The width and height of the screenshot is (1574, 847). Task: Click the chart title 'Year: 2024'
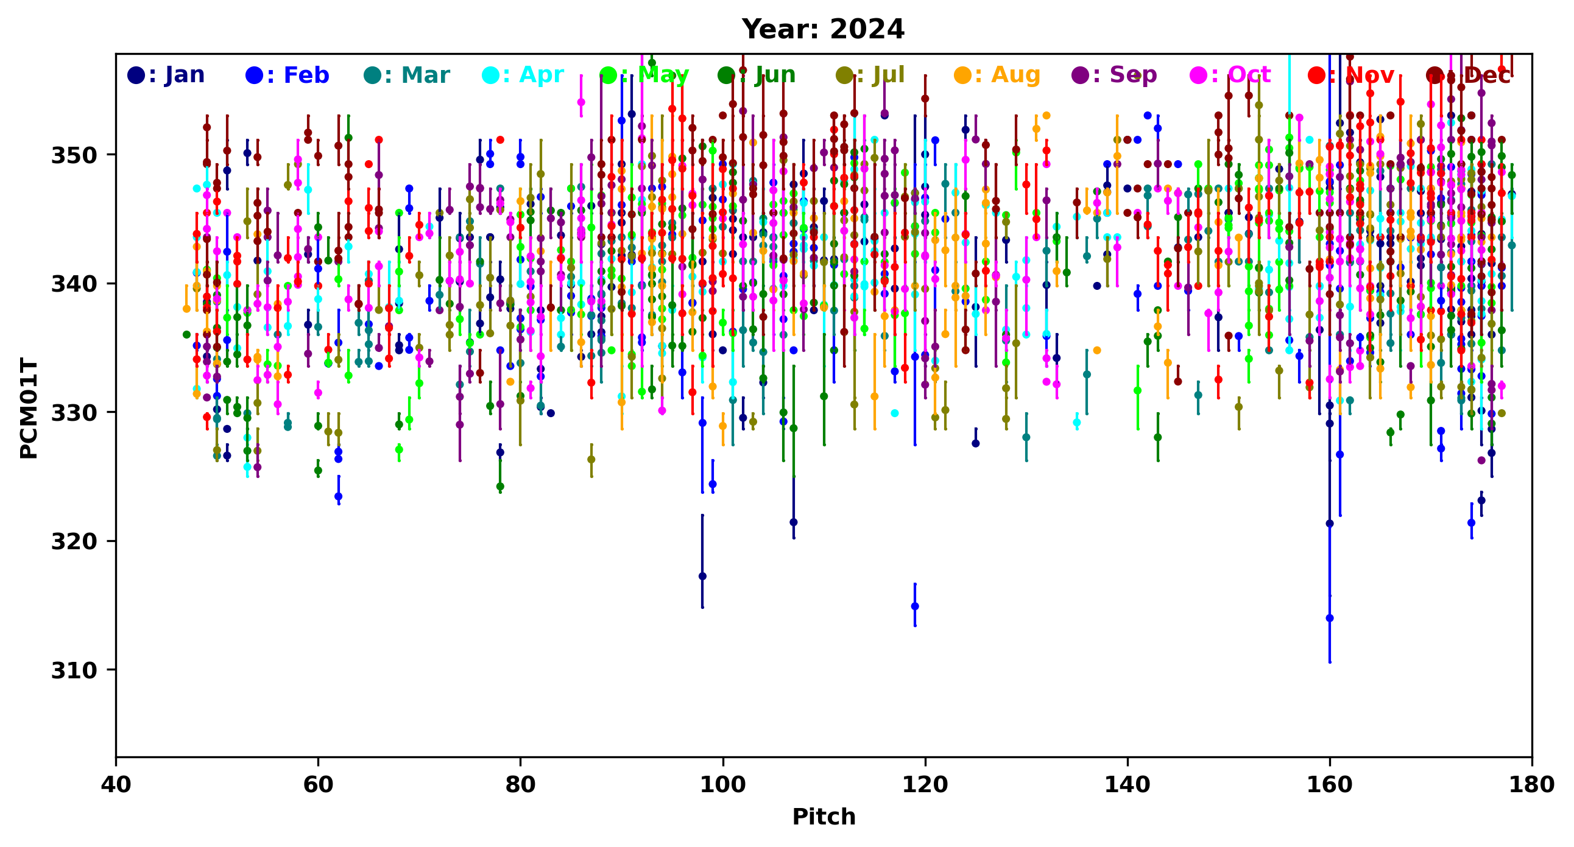(x=823, y=29)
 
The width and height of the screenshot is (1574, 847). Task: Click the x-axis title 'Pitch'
(x=824, y=817)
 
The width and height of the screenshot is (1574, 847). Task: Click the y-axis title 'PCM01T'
(x=29, y=408)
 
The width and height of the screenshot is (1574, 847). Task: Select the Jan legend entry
(x=166, y=75)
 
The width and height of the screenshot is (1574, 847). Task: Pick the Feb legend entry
(x=287, y=75)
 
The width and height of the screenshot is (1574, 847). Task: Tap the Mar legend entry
(x=406, y=75)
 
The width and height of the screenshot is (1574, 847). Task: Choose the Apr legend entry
(x=523, y=75)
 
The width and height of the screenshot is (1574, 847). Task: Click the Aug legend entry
(x=997, y=75)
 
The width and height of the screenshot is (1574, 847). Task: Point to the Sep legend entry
(x=1115, y=75)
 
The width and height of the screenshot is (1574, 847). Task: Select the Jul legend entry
(x=870, y=75)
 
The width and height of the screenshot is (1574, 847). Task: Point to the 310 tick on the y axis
(x=74, y=670)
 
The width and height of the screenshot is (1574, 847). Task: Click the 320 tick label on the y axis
(x=74, y=542)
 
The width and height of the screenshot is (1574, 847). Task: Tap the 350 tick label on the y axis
(x=74, y=155)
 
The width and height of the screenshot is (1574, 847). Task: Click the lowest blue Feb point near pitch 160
(x=1330, y=618)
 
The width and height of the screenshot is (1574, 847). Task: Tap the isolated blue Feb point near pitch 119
(x=915, y=606)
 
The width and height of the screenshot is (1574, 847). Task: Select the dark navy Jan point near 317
(x=703, y=576)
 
